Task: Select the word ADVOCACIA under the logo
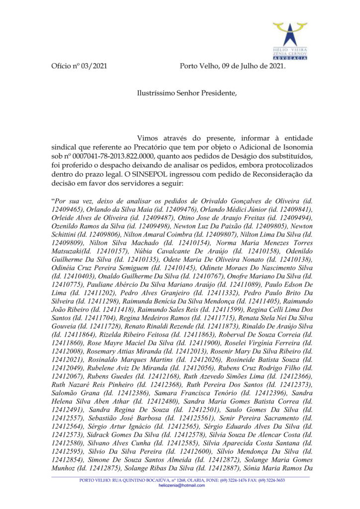[x=290, y=58]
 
